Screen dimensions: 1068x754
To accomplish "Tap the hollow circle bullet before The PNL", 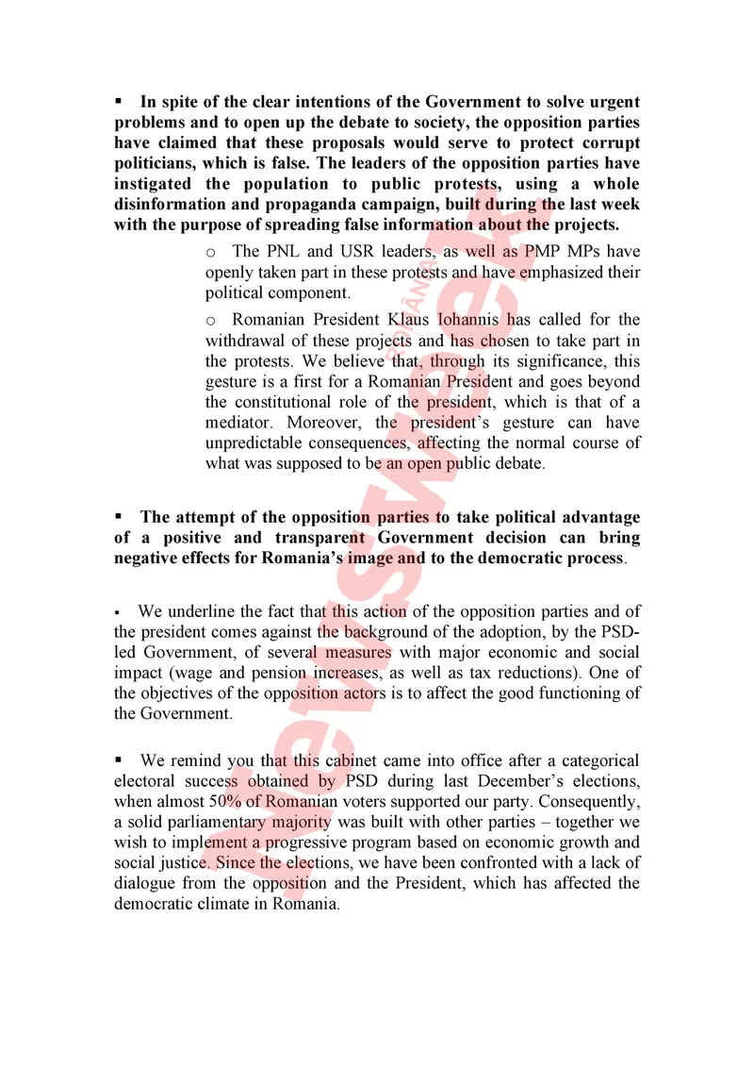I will tap(211, 252).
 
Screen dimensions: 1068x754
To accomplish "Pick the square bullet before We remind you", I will tap(120, 760).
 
